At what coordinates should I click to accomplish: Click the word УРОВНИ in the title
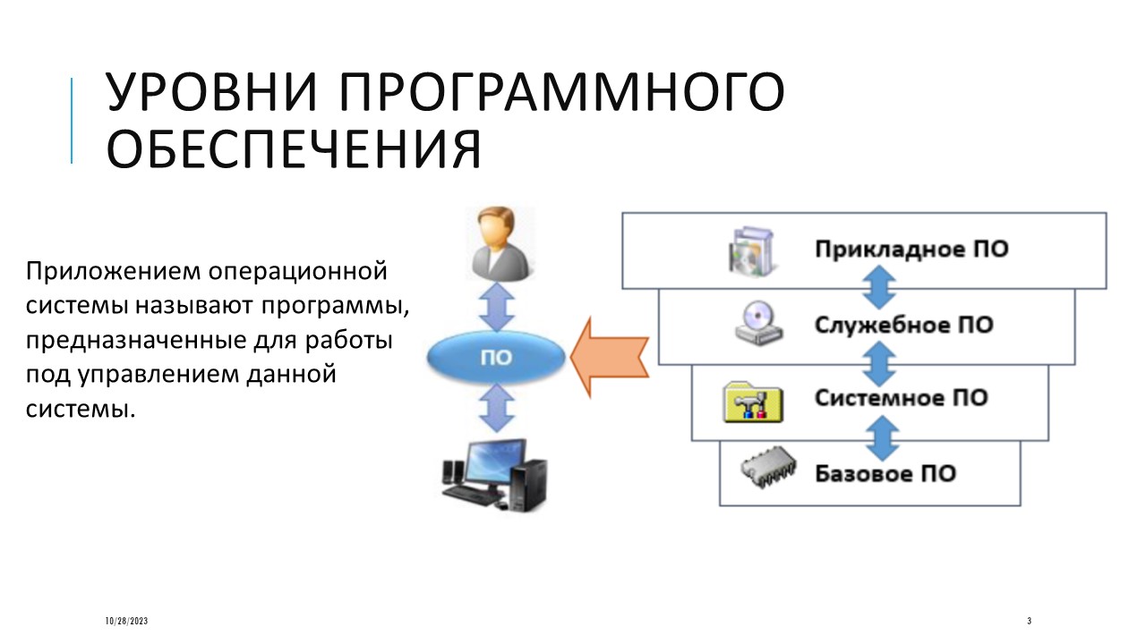[x=212, y=92]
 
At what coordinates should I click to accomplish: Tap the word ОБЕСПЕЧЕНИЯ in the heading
[x=295, y=149]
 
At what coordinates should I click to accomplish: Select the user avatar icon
[x=500, y=243]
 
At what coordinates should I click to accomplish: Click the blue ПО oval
[x=496, y=357]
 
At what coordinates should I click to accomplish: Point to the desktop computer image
[x=494, y=476]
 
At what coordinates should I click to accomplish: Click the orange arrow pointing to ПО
[x=610, y=357]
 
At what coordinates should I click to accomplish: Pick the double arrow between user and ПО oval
[x=496, y=307]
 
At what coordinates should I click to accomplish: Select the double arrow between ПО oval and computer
[x=497, y=408]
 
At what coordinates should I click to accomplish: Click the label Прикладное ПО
[x=911, y=250]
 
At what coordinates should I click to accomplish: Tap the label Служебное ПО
[x=904, y=325]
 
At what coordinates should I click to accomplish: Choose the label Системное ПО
[x=901, y=398]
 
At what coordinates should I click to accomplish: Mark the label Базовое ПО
[x=885, y=474]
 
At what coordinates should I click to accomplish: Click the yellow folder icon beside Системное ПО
[x=753, y=402]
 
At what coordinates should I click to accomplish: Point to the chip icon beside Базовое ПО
[x=768, y=467]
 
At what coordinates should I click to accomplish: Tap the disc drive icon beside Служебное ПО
[x=758, y=323]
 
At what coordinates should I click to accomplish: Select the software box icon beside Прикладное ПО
[x=752, y=251]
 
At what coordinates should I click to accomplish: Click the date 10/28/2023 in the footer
[x=126, y=621]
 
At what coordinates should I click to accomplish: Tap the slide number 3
[x=1030, y=621]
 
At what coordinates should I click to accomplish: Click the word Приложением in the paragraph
[x=113, y=271]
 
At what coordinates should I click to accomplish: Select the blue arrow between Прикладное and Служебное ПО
[x=879, y=288]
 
